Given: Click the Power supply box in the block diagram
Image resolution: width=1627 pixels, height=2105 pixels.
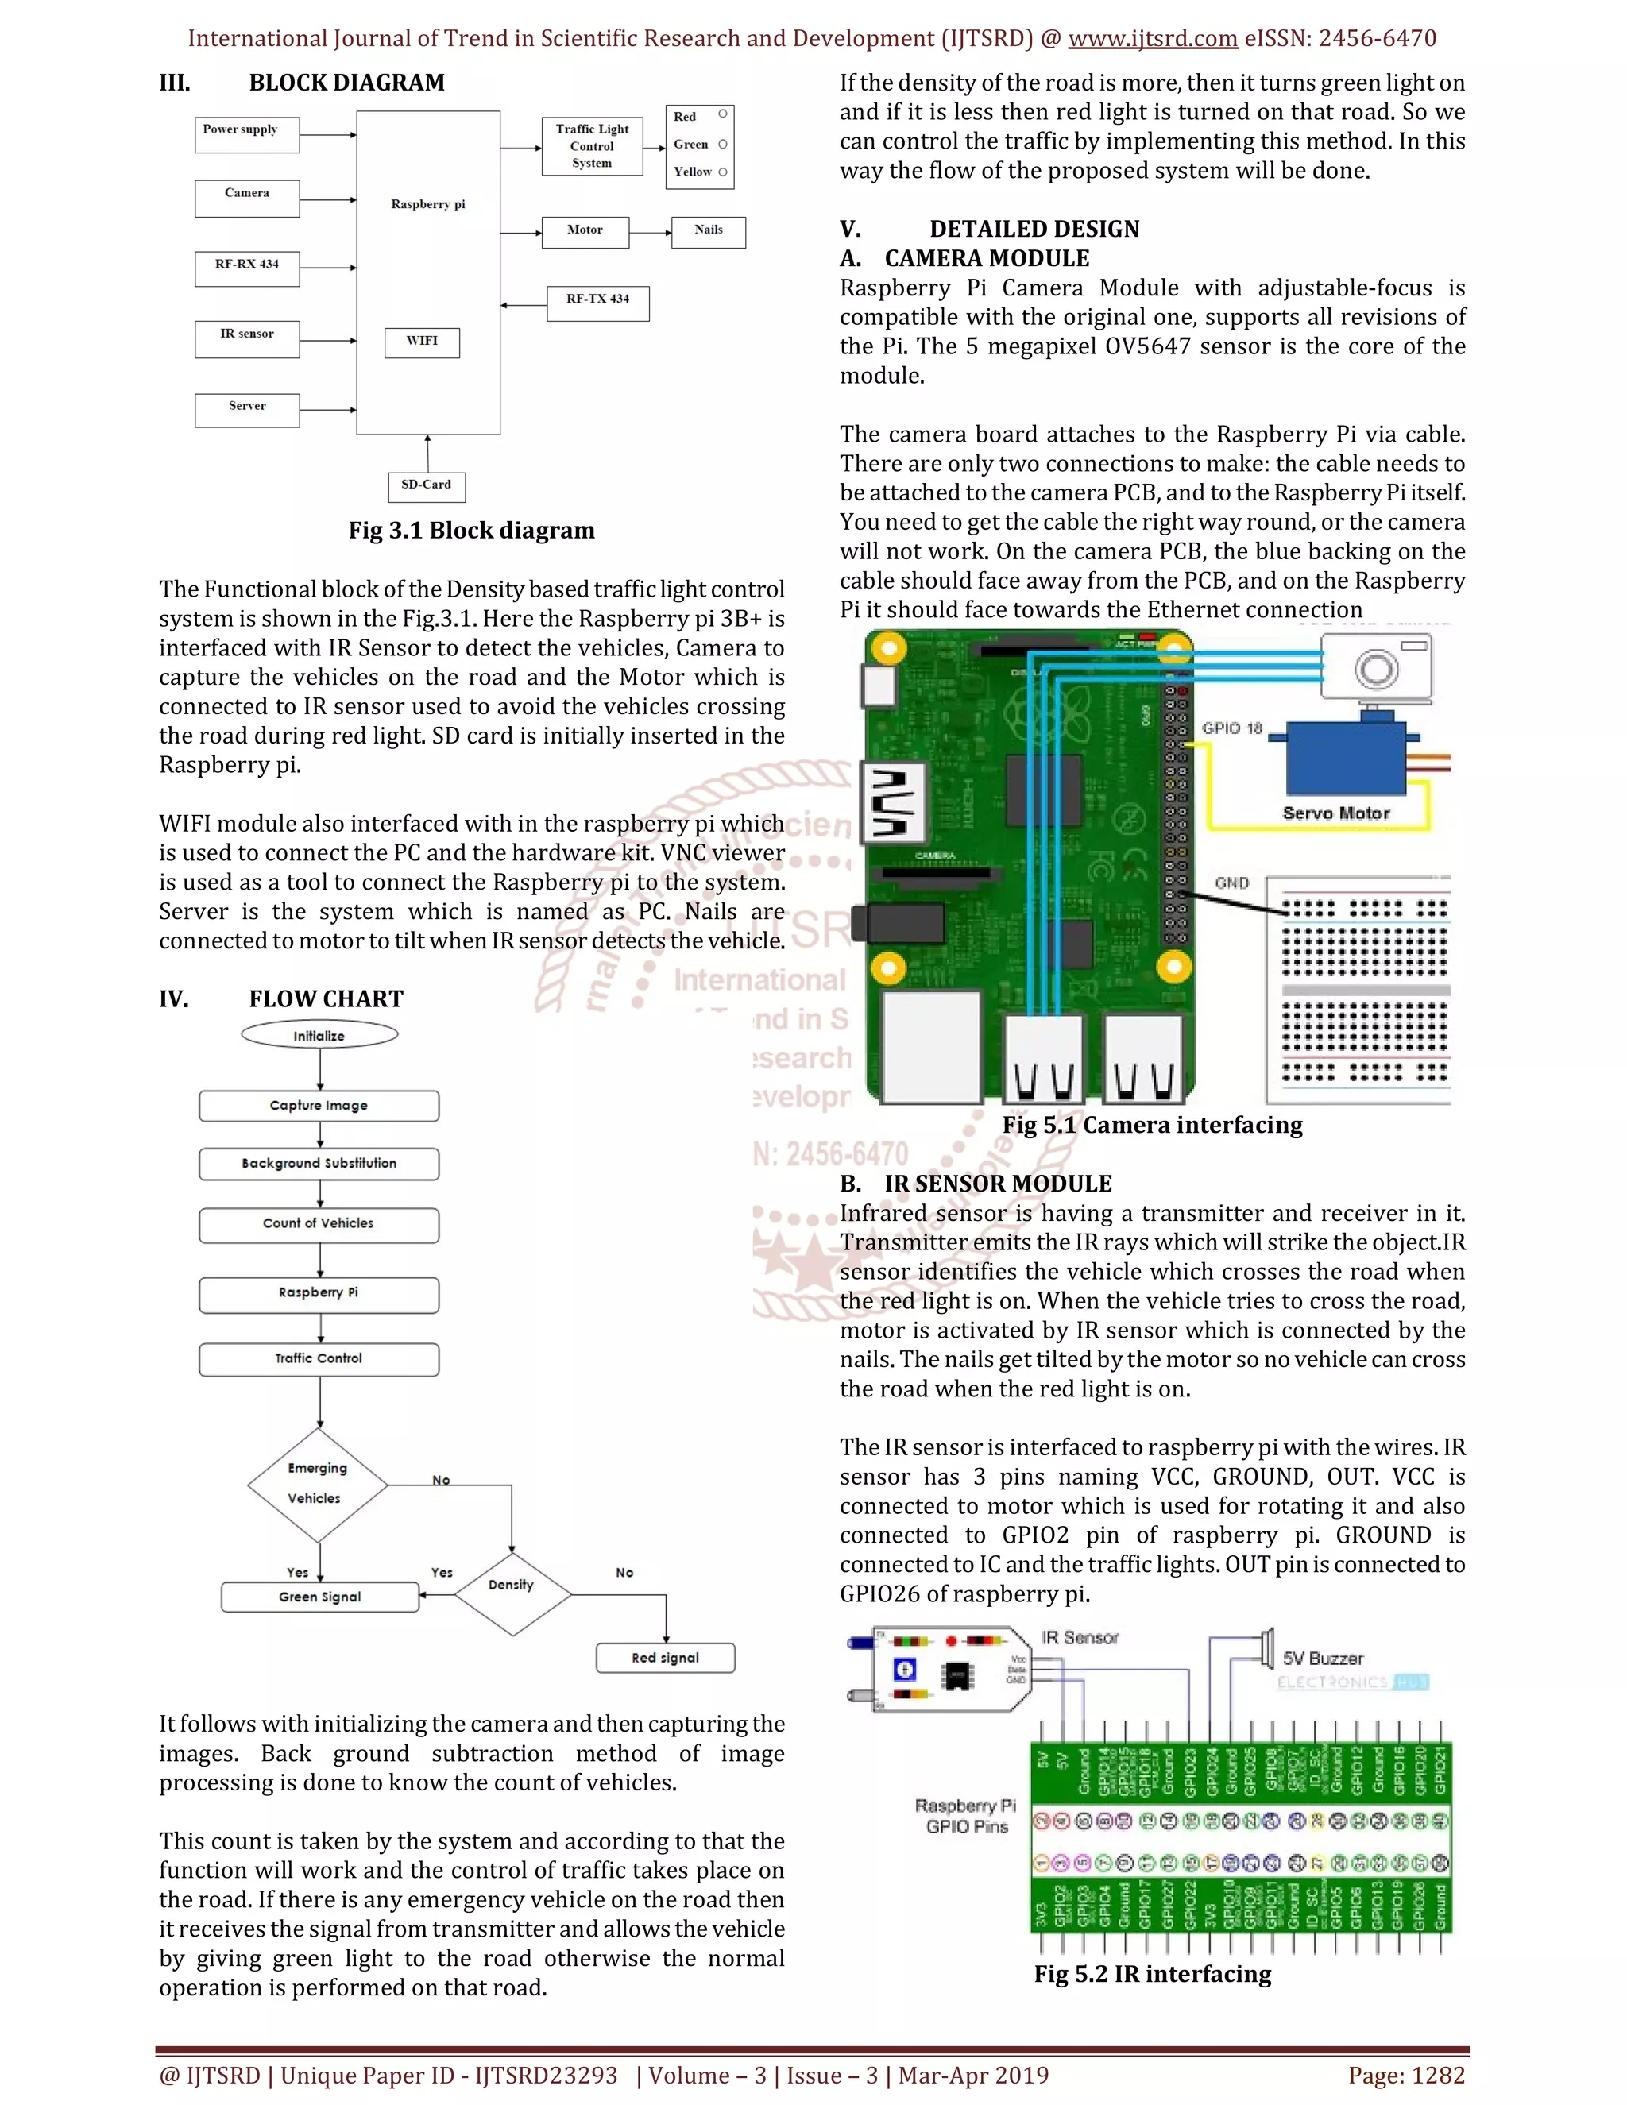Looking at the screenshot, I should point(247,135).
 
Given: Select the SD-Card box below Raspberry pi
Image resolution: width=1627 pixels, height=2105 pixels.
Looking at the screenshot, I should point(426,486).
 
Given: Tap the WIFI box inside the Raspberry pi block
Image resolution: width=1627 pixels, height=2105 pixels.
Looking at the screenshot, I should point(422,342).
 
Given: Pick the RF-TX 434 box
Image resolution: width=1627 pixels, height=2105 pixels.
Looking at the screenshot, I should point(597,303).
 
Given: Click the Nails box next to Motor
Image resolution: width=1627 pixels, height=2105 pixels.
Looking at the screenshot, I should point(709,231).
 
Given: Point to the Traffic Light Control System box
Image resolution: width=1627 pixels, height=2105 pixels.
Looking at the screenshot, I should point(592,146).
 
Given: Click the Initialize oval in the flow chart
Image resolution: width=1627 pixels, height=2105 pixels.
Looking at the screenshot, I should point(319,1035).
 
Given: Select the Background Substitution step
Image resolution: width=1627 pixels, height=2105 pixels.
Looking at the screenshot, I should point(319,1164).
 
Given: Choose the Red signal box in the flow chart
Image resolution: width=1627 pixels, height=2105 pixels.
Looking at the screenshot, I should point(665,1658).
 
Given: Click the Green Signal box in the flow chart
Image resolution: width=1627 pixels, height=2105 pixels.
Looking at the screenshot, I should point(320,1597).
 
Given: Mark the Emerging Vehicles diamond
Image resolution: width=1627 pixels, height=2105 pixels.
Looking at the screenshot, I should point(318,1485).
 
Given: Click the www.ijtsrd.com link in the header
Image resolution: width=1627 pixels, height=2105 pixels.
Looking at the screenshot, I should point(1153,39).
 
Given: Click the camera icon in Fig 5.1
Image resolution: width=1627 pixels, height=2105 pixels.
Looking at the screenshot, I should point(1377,667).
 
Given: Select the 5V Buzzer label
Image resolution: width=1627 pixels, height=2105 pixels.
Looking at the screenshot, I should point(1323,1658).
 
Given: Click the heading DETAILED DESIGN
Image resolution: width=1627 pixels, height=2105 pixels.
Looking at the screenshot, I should point(1034,229).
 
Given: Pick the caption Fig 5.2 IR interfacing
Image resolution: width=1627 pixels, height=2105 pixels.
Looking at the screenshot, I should point(1153,1974).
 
